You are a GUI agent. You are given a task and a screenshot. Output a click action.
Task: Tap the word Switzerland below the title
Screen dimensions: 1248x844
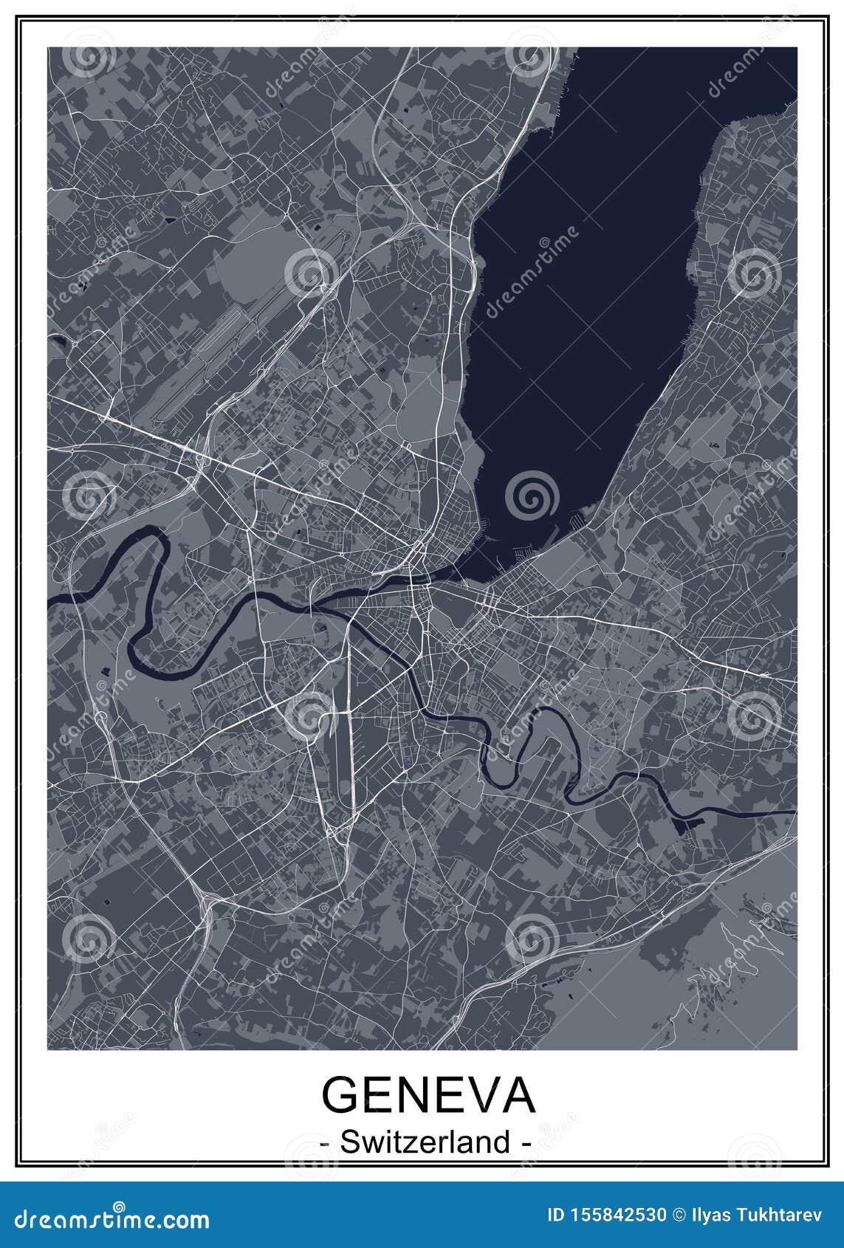426,1142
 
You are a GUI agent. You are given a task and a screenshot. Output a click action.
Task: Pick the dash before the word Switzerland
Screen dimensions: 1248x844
326,1143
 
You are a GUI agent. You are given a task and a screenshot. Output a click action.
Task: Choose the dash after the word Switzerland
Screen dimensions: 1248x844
526,1143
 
